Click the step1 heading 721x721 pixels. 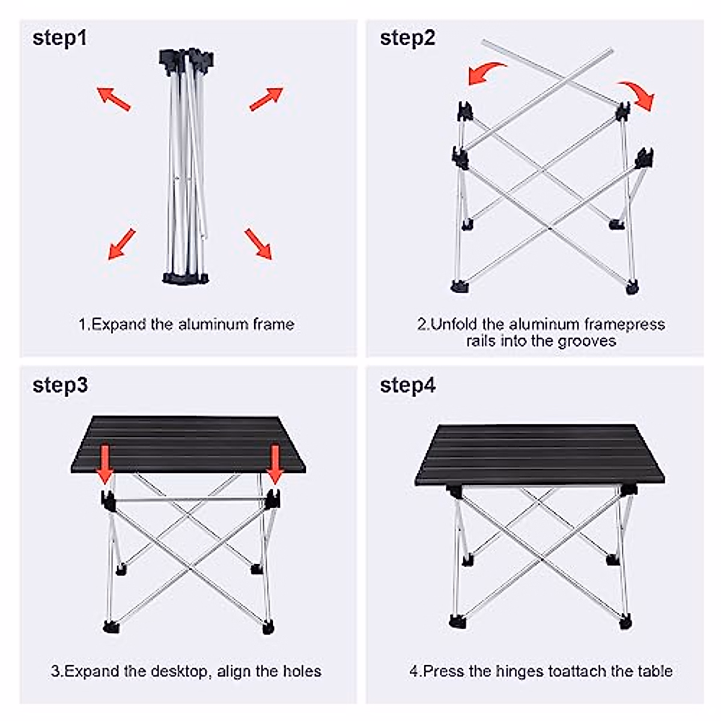59,38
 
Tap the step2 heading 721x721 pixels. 407,38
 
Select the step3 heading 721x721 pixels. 60,385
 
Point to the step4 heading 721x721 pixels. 408,385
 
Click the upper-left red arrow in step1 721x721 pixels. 114,99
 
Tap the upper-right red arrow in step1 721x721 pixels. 266,99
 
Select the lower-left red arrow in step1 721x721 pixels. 121,244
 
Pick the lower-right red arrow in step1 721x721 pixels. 258,243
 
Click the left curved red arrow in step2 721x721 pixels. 486,73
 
